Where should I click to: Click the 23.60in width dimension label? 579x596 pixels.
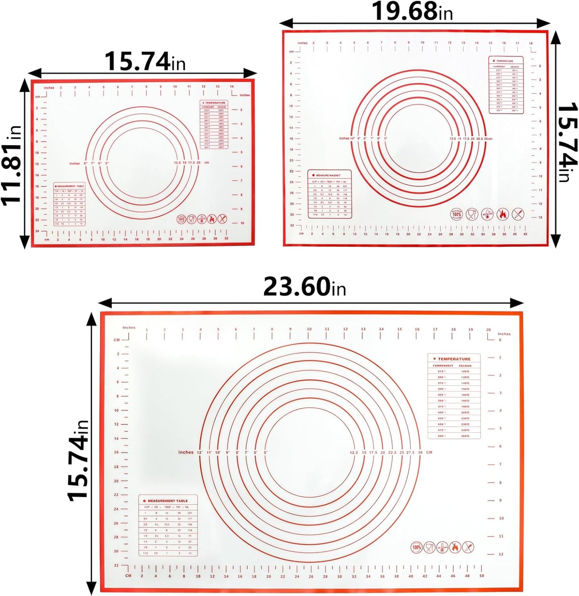click(304, 287)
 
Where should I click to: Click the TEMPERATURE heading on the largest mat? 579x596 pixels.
click(454, 359)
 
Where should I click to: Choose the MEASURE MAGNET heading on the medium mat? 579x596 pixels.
click(328, 176)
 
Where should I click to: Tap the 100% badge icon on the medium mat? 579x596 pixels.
click(456, 214)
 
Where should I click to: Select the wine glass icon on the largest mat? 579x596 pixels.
click(429, 547)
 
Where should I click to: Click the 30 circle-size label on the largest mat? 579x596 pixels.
click(420, 453)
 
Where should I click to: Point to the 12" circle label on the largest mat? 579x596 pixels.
click(199, 453)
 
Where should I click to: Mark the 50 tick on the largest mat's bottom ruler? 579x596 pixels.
click(481, 576)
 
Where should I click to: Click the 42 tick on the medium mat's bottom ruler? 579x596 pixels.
click(525, 234)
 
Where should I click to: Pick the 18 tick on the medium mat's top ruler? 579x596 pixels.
click(531, 43)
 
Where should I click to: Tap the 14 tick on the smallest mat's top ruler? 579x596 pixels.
click(232, 87)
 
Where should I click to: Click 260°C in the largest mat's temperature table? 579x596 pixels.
click(465, 436)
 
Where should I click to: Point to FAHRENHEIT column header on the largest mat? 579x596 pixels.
click(443, 366)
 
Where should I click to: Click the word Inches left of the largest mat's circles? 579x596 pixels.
click(186, 452)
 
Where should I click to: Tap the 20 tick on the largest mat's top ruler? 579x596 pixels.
click(488, 330)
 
